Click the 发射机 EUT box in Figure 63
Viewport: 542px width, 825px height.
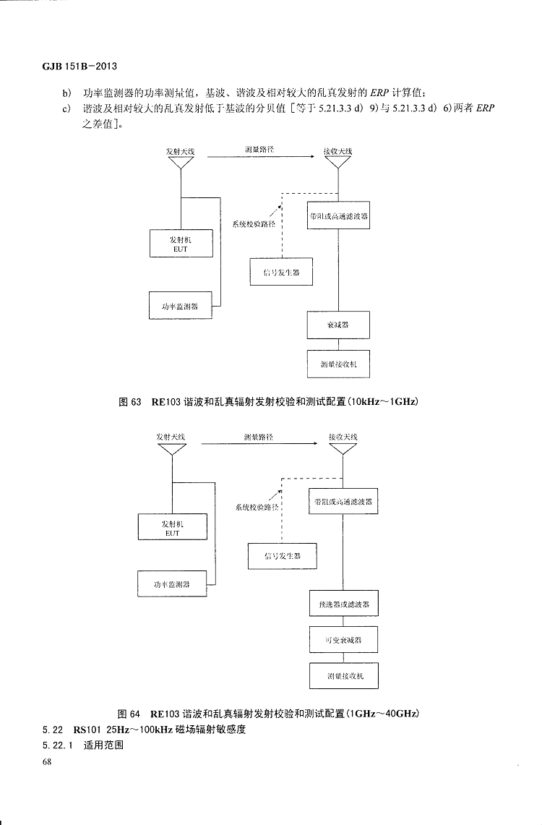[181, 243]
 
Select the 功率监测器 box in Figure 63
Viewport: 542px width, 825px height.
[181, 305]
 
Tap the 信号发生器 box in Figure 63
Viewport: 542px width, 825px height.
[281, 271]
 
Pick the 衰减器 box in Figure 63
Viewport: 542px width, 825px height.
[338, 325]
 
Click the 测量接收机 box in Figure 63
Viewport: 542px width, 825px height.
[338, 364]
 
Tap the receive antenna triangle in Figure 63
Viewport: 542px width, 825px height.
[337, 164]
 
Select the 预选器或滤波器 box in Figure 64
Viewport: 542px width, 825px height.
[343, 604]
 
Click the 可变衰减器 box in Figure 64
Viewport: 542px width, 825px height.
[343, 640]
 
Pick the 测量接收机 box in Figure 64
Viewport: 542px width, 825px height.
[343, 676]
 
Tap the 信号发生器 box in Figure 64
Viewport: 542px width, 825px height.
[282, 556]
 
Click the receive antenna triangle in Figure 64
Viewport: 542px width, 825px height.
[343, 449]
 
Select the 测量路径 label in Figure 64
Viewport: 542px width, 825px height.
[259, 437]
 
